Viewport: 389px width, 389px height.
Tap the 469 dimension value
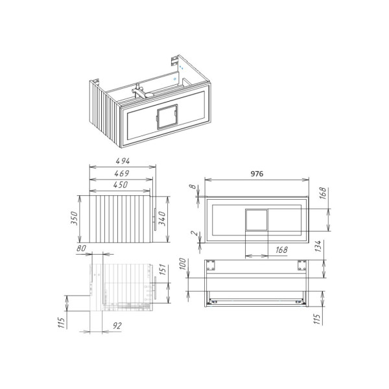coord(105,173)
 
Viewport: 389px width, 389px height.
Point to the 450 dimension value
coord(105,185)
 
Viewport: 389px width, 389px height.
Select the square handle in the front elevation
coord(255,220)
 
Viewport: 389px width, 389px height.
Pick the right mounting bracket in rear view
coord(301,265)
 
